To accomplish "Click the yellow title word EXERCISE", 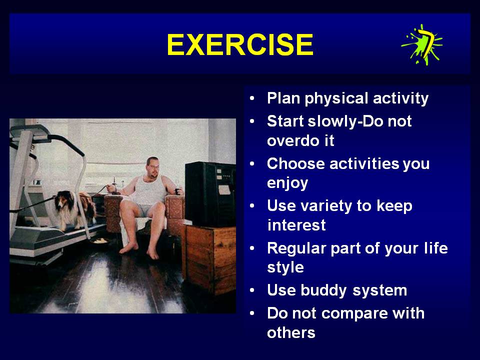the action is point(240,44).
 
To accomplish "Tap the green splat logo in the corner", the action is point(422,45).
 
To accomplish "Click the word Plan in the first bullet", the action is point(283,98).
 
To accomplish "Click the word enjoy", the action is point(287,183).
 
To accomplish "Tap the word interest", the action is point(296,225).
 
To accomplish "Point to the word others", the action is point(291,332).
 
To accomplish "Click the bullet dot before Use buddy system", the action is point(252,290).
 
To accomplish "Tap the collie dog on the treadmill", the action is point(75,209).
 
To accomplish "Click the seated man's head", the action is point(153,167).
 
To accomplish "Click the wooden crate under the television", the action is point(210,258).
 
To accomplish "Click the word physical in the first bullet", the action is point(336,99).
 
